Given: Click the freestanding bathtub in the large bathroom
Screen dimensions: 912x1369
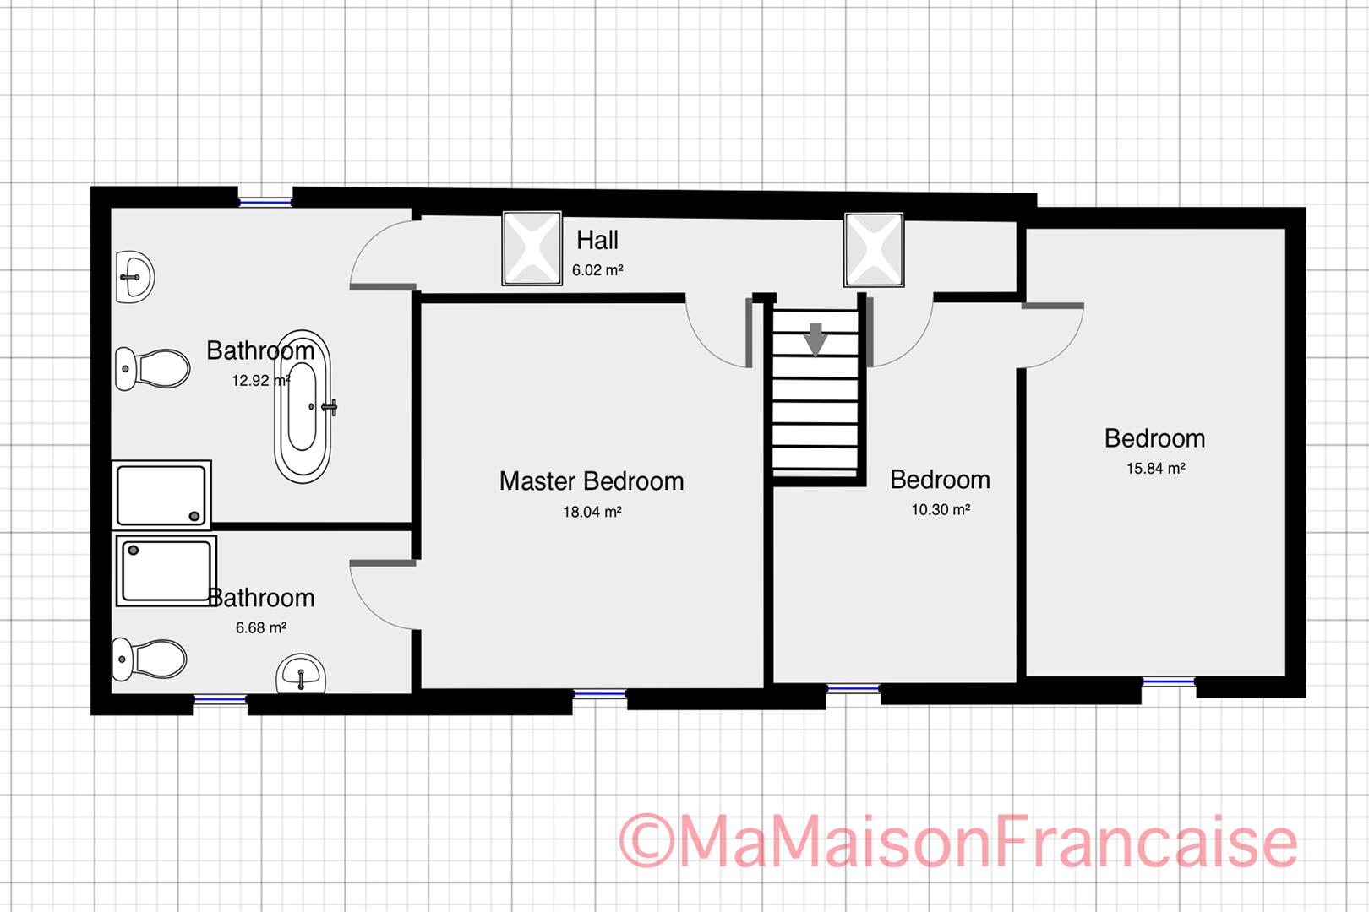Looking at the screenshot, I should click(x=302, y=406).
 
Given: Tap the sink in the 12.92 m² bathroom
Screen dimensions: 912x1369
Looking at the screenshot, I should click(x=134, y=276).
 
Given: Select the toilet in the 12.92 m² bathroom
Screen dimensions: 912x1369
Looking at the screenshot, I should click(x=153, y=368).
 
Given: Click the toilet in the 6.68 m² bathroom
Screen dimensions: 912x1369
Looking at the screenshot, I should click(x=150, y=659).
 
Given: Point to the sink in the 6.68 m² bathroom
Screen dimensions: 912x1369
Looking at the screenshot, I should click(x=301, y=674).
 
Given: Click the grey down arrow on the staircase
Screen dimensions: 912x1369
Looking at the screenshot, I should click(x=815, y=339).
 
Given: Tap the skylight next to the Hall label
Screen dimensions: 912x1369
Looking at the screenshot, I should click(x=532, y=248).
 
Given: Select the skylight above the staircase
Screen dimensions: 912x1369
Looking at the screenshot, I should click(x=874, y=250).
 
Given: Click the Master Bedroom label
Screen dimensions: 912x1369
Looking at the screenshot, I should click(x=592, y=481).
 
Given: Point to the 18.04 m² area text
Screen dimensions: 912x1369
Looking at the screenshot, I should click(x=592, y=512).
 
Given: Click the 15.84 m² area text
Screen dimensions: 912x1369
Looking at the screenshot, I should click(x=1155, y=469).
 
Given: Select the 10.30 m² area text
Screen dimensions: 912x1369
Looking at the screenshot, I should click(x=941, y=510).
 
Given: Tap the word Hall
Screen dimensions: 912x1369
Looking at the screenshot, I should click(x=597, y=241).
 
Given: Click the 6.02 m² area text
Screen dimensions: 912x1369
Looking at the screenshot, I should click(x=597, y=271).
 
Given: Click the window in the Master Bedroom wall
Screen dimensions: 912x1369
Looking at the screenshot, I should click(x=600, y=695).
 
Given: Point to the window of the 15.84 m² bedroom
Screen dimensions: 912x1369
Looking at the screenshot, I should click(x=1170, y=681).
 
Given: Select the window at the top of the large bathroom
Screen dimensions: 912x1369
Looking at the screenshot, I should click(x=265, y=202).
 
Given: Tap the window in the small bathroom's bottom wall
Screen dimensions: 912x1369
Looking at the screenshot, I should click(x=220, y=699).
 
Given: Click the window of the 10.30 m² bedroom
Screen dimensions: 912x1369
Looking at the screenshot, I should click(x=853, y=689).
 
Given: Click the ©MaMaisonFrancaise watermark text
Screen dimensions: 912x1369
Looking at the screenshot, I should click(x=958, y=841).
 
